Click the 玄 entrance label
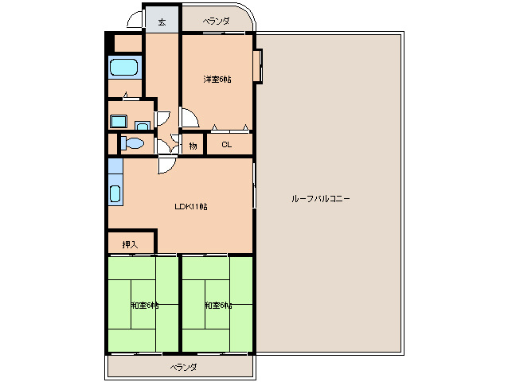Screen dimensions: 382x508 [162, 21]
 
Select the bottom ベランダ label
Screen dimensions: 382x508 [182, 367]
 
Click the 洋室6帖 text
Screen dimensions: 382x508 [217, 80]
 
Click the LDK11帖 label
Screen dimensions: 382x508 [191, 207]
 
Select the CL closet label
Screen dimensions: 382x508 [227, 145]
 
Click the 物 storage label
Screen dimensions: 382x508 [193, 146]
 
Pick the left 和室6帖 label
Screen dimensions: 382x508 [144, 306]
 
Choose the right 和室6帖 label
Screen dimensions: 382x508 [217, 306]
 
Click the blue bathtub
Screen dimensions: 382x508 [123, 68]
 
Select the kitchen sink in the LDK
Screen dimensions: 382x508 [115, 193]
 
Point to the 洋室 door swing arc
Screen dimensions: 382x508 [189, 119]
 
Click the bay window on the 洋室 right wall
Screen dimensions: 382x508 [258, 66]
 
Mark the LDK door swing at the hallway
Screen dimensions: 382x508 [168, 165]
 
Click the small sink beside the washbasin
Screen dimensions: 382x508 [142, 125]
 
